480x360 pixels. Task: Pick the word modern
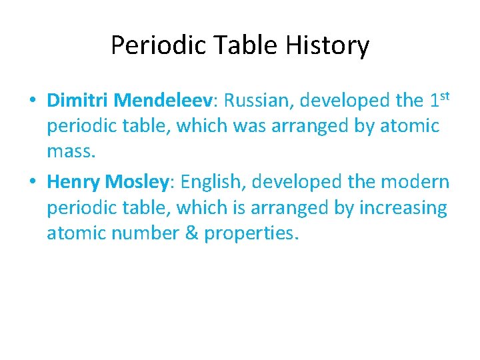[x=413, y=181]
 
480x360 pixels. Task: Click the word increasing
[x=403, y=208]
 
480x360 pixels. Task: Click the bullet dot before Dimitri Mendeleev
[x=32, y=101]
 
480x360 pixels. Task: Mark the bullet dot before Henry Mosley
[x=32, y=182]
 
